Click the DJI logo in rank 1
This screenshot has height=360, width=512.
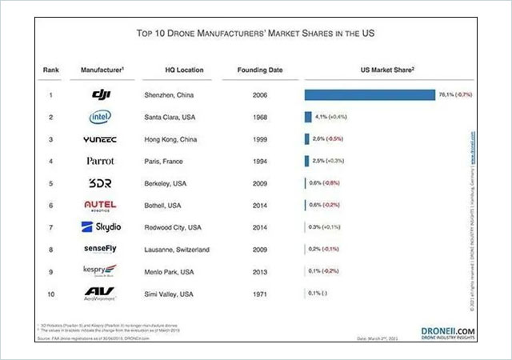pos(101,95)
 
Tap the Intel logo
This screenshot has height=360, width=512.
pos(101,117)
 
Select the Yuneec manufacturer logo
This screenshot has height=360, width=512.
pos(101,139)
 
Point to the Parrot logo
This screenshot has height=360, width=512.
pos(101,161)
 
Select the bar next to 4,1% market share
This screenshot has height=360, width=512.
pos(308,117)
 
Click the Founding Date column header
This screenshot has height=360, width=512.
pos(260,70)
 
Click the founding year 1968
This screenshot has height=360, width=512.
pos(260,117)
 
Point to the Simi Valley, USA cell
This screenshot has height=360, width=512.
pos(171,294)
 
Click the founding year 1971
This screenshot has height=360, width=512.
pos(260,294)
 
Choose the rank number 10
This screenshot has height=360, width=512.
pos(50,294)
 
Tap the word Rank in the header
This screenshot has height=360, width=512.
pos(50,70)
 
